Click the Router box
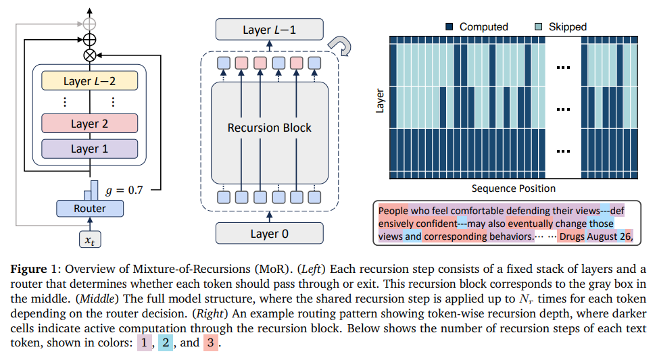click(x=90, y=208)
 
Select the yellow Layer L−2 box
click(x=90, y=81)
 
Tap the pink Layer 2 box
click(x=90, y=124)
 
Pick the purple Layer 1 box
click(x=90, y=149)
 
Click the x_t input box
click(x=90, y=238)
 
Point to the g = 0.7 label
click(x=126, y=190)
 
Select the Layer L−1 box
click(x=269, y=30)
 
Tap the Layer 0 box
click(x=269, y=234)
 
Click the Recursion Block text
click(x=269, y=127)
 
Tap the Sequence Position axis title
click(x=514, y=188)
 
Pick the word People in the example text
click(x=394, y=210)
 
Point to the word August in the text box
click(x=603, y=236)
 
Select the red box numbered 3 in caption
click(x=212, y=342)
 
